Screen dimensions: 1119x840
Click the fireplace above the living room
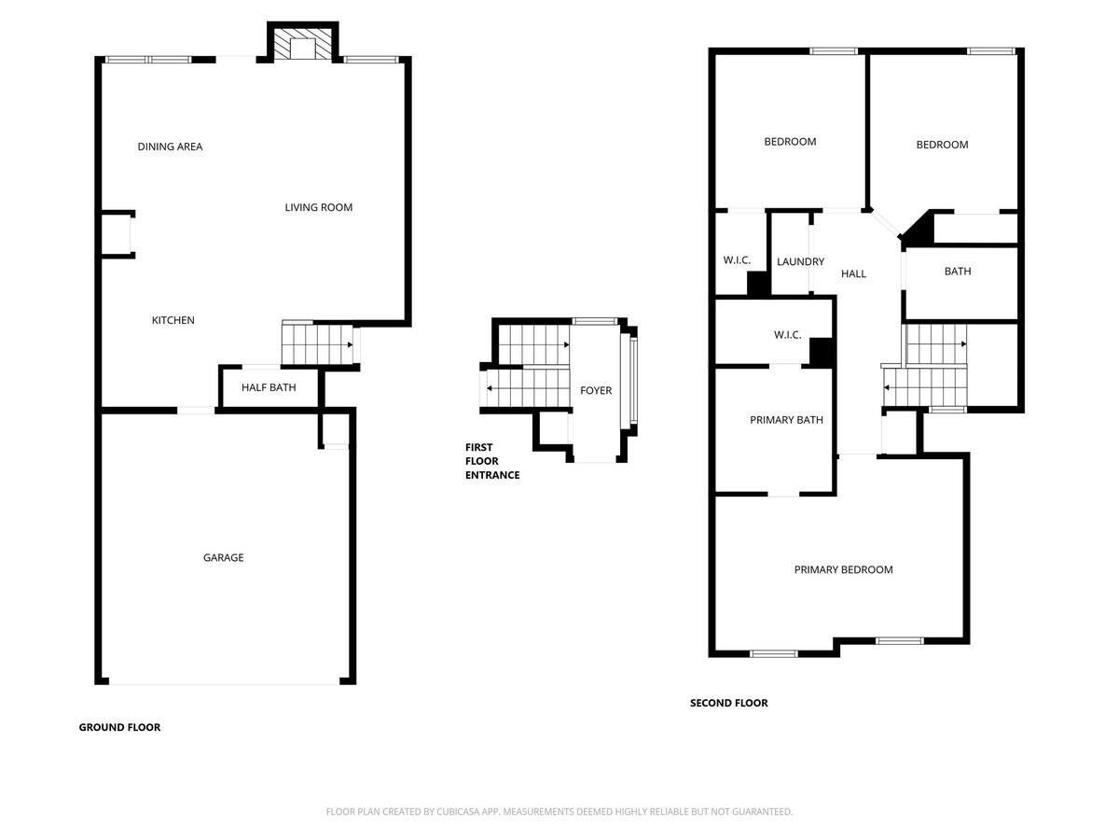tap(302, 42)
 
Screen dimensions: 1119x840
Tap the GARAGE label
tap(223, 557)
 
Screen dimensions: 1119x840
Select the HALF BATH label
tap(269, 387)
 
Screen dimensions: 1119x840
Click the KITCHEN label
tap(173, 320)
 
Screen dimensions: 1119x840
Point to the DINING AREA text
tap(170, 147)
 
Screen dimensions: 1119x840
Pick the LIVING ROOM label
tap(319, 207)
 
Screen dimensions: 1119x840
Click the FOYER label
tap(596, 390)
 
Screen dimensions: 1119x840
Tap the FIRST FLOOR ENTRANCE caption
tap(492, 461)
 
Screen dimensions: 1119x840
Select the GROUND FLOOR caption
tap(119, 727)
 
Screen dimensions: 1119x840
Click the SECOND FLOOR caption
tap(728, 703)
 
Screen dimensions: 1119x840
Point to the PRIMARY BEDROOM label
tap(843, 569)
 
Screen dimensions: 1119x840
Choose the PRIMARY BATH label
tap(786, 420)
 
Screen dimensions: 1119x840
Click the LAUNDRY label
tap(800, 261)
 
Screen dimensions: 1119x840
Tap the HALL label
tap(853, 273)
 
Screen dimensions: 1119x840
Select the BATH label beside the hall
tap(958, 272)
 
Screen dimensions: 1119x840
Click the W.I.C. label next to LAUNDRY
tap(737, 260)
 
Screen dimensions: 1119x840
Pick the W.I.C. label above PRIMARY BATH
tap(787, 335)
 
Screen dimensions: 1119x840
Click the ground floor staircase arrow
tap(318, 344)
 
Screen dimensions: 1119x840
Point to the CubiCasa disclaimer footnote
tap(559, 811)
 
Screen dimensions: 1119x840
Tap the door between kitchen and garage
tap(196, 411)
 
